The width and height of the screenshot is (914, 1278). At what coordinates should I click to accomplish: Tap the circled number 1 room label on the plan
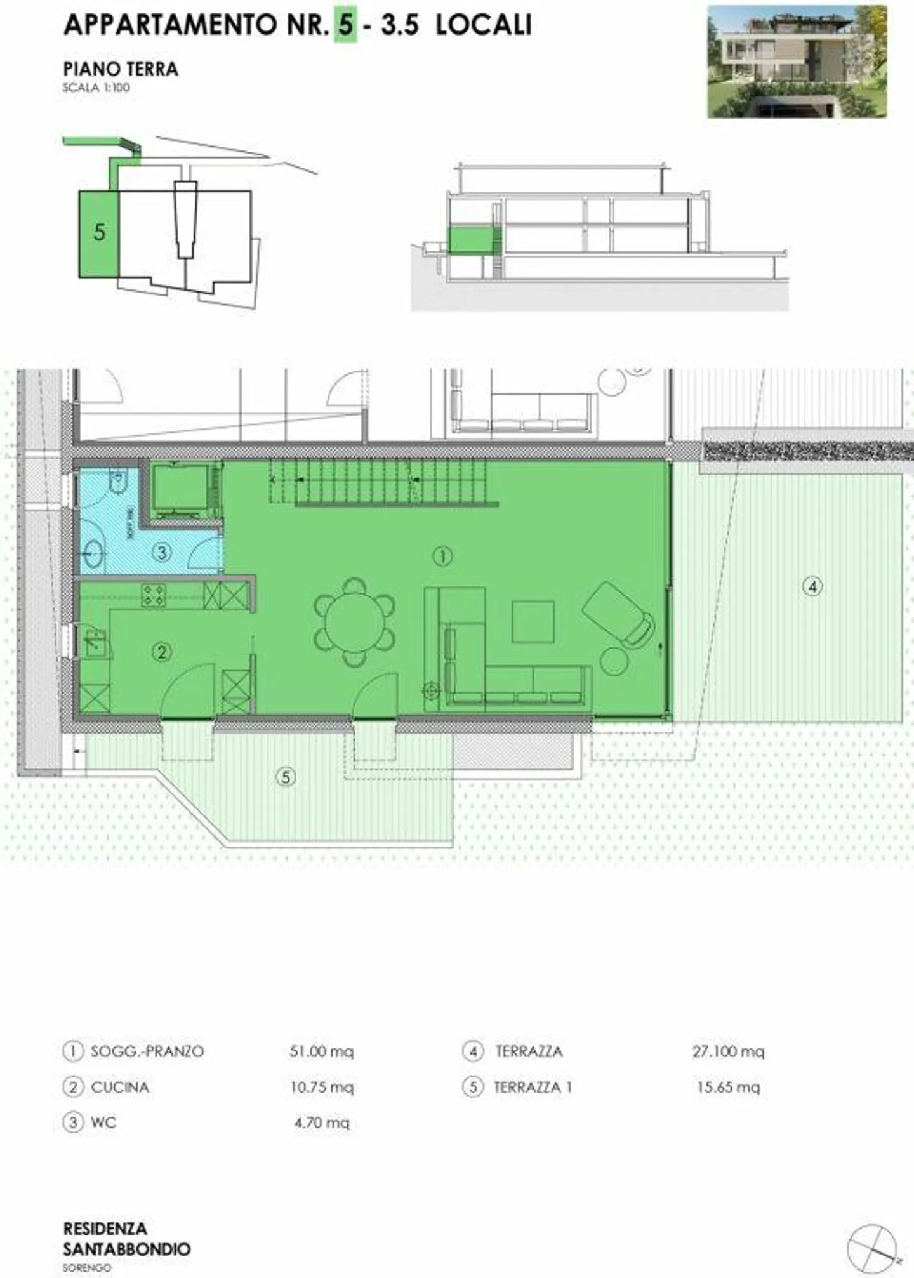coord(442,557)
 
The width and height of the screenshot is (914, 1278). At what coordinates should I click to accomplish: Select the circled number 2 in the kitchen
coord(161,652)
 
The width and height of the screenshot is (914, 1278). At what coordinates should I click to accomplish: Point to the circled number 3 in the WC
coord(162,552)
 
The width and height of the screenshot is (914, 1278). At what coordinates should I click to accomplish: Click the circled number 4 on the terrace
coord(812,586)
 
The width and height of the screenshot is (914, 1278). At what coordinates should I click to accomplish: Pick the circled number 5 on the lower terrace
coord(286,777)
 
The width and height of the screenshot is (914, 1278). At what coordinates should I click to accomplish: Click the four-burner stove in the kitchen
coord(153,595)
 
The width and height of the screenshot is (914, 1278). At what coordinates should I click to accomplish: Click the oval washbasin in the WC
coord(93,554)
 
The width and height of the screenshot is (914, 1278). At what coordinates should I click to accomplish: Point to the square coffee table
coord(533,622)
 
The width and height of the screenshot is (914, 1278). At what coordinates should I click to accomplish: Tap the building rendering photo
coord(797,62)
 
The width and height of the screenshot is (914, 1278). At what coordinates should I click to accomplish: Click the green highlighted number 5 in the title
coord(345,25)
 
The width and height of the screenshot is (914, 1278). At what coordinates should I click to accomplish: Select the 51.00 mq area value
coord(321,1051)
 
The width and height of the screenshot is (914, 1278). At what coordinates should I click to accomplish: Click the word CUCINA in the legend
coord(120,1087)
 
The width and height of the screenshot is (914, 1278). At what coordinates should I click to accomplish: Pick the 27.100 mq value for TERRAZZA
coord(728,1051)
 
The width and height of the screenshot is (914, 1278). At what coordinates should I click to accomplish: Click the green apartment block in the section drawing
coord(471,240)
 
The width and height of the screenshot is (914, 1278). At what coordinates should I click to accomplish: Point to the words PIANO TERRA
coord(121,69)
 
